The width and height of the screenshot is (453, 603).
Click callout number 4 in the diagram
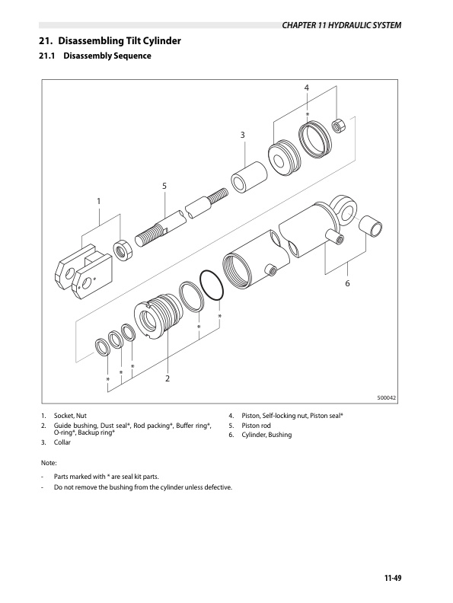coord(307,88)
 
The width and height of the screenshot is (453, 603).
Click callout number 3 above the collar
coord(242,136)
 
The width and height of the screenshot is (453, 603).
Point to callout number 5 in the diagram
coord(164,186)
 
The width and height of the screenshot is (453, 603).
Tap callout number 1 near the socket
coord(98,201)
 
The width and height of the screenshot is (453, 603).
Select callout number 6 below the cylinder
coord(347,283)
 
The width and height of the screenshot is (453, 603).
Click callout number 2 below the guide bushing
coord(167,378)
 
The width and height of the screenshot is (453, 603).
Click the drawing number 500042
coord(388,398)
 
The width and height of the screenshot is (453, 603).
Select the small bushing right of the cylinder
coord(369,226)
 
